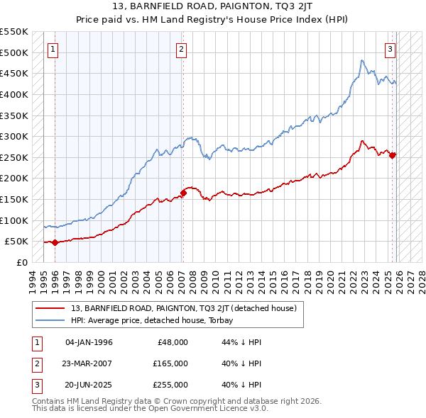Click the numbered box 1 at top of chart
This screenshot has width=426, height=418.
pyautogui.click(x=55, y=50)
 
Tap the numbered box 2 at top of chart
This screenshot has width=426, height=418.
pyautogui.click(x=182, y=50)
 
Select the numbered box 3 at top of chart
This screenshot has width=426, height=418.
pyautogui.click(x=390, y=50)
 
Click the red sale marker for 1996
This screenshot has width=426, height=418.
pyautogui.click(x=55, y=242)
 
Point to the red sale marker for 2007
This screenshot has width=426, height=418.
pyautogui.click(x=183, y=192)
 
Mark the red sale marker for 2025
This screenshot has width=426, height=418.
pyautogui.click(x=393, y=155)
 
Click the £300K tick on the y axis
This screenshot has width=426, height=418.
pyautogui.click(x=14, y=136)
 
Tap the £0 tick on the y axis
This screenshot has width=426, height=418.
pyautogui.click(x=21, y=262)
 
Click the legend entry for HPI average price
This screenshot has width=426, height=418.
pyautogui.click(x=157, y=320)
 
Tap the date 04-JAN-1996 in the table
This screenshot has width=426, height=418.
pyautogui.click(x=89, y=342)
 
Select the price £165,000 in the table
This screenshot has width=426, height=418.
pyautogui.click(x=170, y=363)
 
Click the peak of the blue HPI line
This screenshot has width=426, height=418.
pyautogui.click(x=361, y=60)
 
